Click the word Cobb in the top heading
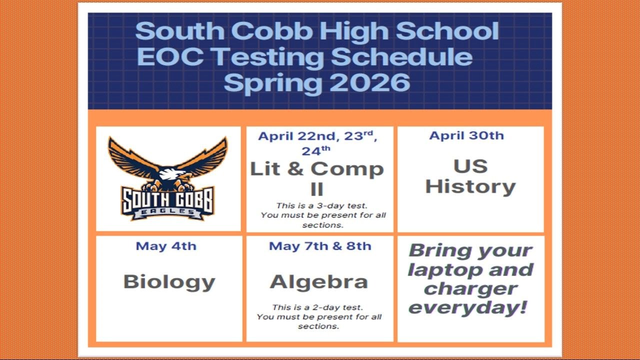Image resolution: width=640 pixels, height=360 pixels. tap(272, 31)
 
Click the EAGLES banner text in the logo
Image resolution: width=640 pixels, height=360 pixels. tap(168, 211)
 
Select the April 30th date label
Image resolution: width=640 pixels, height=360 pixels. tap(466, 135)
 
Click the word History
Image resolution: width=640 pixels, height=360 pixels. tap(470, 186)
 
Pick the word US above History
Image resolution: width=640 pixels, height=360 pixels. tap(470, 166)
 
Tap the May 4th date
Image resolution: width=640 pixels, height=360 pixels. tap(166, 246)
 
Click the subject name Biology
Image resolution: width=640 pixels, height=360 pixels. tap(169, 282)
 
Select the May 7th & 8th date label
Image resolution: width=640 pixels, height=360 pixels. tap(320, 246)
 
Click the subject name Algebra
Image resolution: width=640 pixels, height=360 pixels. tap(319, 282)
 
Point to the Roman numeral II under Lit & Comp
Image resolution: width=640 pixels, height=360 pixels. tap(316, 189)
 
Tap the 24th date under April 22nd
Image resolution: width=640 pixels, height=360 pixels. tap(315, 150)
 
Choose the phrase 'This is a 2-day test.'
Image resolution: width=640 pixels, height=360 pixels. tap(317, 307)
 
